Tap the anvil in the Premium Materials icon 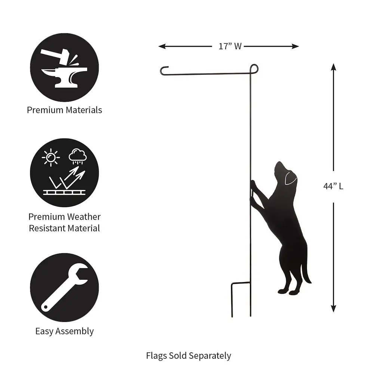(x=64, y=77)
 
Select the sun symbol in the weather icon (x=51, y=157)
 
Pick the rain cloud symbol (x=78, y=156)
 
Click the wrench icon (x=64, y=288)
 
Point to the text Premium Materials (x=64, y=110)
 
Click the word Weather (x=83, y=217)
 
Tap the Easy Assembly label (x=64, y=331)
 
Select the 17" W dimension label (x=230, y=46)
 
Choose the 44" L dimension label (x=333, y=186)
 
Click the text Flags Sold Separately (x=189, y=356)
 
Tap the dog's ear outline (x=290, y=178)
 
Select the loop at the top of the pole (x=254, y=69)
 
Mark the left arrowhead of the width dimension (x=162, y=46)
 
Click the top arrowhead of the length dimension (x=333, y=67)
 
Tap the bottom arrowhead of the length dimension (x=333, y=309)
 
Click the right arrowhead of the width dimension (x=295, y=46)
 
